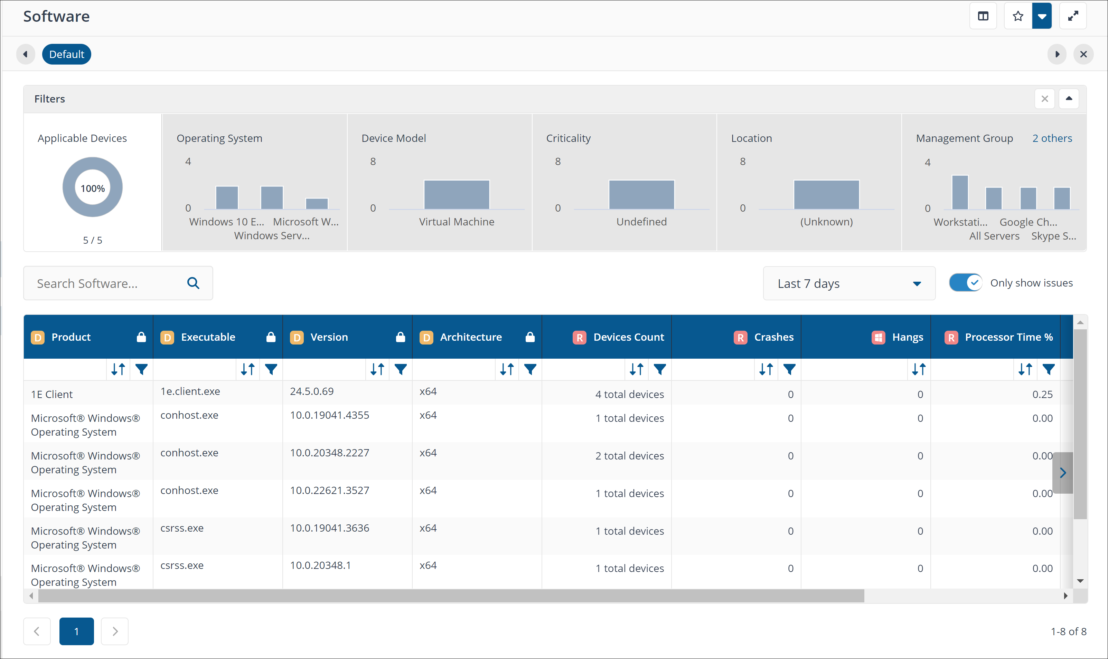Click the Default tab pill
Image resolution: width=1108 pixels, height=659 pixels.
click(67, 54)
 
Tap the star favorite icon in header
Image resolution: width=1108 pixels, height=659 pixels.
click(1018, 17)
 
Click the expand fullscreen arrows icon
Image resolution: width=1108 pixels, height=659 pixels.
click(1073, 17)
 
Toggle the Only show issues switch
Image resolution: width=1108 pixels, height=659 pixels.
click(965, 282)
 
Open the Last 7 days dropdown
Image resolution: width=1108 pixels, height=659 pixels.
click(849, 283)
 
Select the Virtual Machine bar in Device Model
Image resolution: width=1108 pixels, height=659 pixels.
click(457, 194)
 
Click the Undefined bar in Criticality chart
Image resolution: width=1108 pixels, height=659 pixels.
click(641, 194)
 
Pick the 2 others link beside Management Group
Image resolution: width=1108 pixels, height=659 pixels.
click(1052, 138)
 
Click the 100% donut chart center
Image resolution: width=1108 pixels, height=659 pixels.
click(92, 188)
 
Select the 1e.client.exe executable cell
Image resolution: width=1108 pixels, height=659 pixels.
click(190, 391)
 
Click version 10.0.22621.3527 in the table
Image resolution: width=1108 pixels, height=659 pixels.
click(329, 490)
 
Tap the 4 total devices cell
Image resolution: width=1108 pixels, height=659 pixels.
click(629, 394)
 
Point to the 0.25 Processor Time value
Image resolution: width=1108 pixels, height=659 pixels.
click(1042, 394)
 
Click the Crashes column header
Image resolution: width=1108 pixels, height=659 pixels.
click(773, 337)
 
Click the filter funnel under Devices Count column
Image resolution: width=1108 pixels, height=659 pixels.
click(659, 369)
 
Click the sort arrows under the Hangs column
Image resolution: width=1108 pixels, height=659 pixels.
click(919, 369)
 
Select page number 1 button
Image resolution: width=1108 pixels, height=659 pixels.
click(76, 631)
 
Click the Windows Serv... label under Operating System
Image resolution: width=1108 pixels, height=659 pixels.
click(272, 235)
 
